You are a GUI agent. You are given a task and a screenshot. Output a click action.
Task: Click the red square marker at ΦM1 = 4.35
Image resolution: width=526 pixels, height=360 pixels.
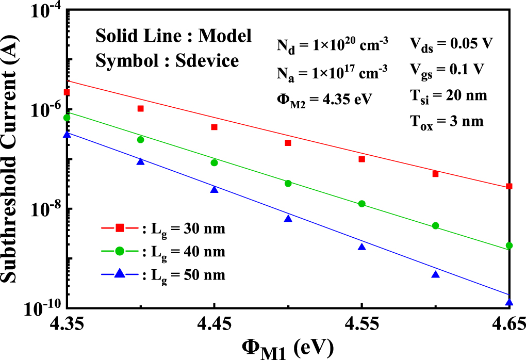67,92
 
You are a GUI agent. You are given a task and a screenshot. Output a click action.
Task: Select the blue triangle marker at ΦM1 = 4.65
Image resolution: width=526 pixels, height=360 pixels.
509,303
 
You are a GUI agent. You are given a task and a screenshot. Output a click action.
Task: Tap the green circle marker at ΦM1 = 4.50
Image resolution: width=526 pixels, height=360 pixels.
288,183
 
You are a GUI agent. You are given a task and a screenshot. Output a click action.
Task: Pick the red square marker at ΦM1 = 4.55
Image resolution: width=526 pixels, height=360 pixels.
362,159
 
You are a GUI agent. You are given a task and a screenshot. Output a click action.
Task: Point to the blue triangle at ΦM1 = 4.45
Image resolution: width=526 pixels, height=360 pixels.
214,189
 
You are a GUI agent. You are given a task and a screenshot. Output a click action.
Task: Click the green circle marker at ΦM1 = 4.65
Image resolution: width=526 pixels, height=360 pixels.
509,246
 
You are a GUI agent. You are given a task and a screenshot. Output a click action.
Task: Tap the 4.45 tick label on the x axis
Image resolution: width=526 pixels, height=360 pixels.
214,324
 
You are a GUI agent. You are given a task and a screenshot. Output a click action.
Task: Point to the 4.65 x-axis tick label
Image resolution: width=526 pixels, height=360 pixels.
508,324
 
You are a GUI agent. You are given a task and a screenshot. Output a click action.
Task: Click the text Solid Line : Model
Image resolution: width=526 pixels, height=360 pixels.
173,36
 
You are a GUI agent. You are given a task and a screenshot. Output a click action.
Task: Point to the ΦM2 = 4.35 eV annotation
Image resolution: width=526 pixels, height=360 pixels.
322,98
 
